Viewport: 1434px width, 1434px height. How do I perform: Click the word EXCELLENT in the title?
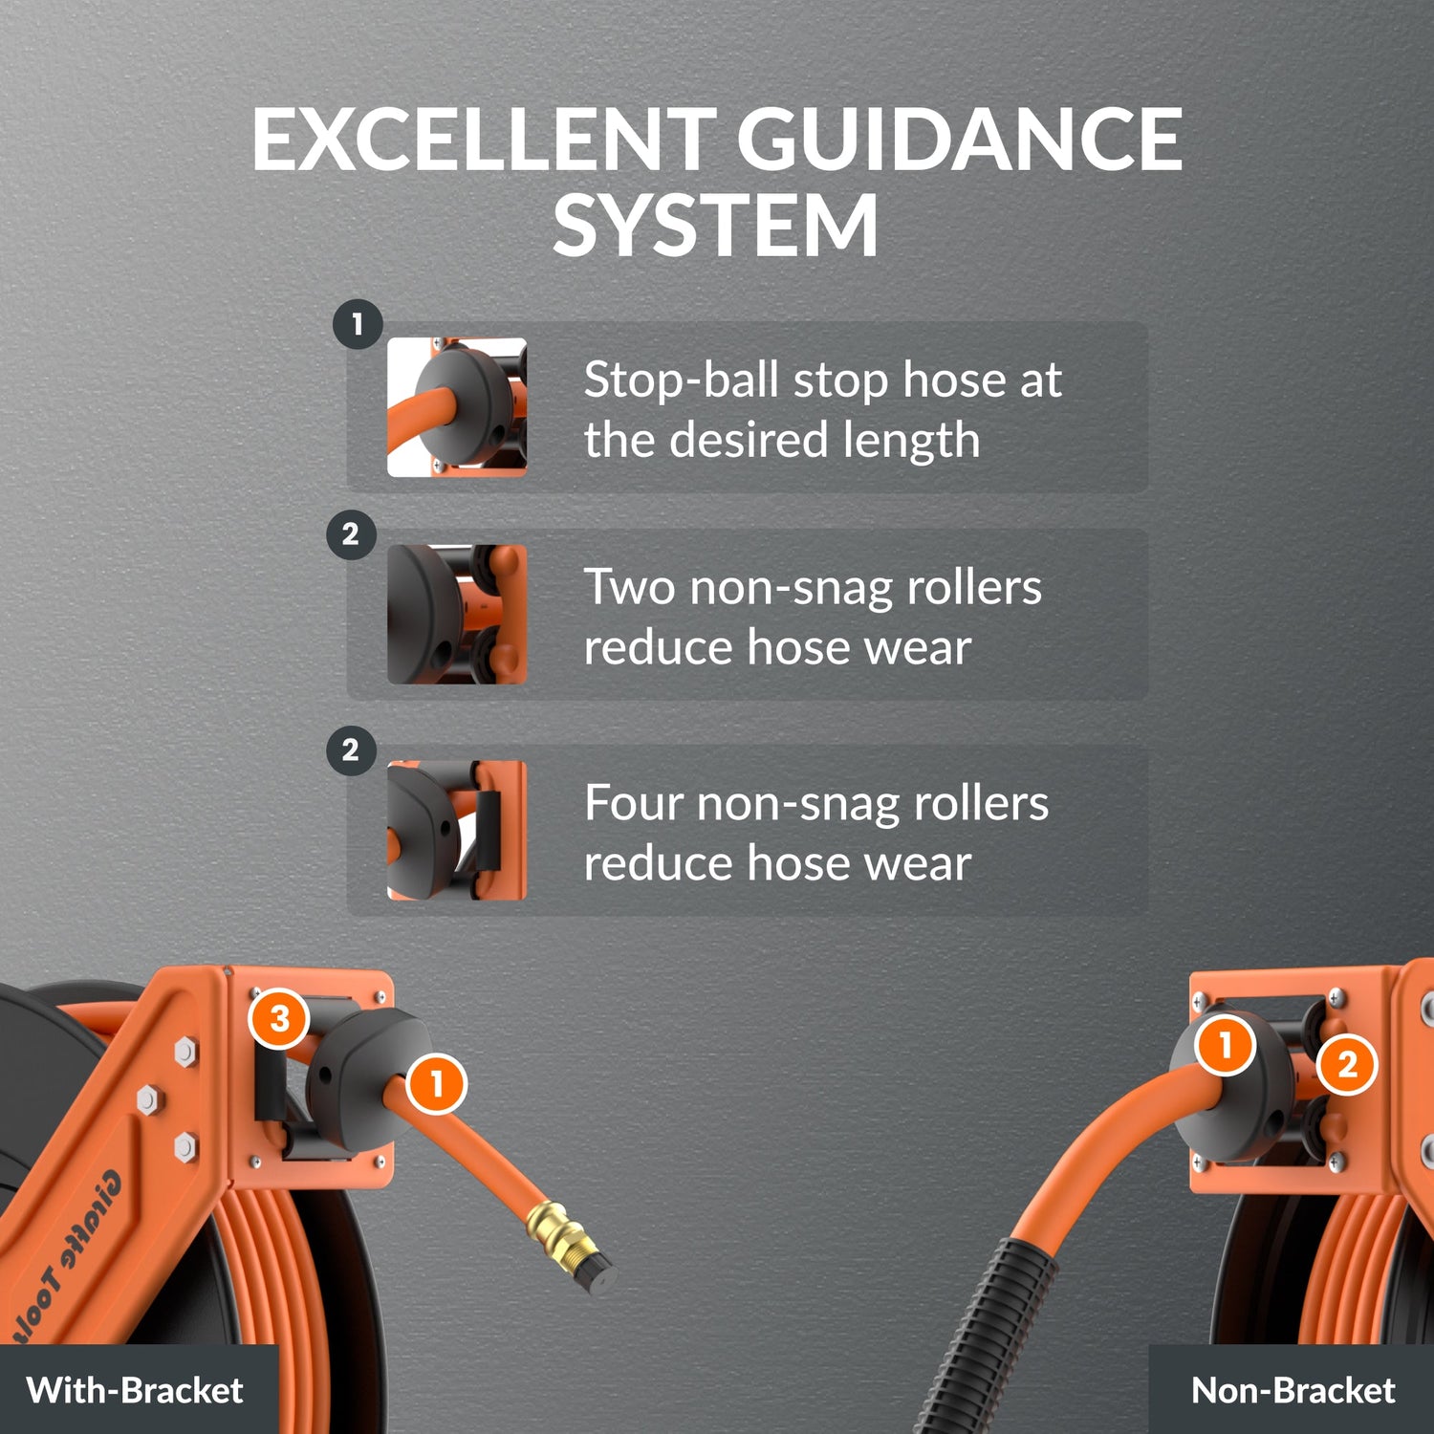click(x=483, y=140)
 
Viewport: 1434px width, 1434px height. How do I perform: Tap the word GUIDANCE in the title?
click(x=960, y=140)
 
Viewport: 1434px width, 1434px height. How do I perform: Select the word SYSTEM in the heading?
click(x=715, y=226)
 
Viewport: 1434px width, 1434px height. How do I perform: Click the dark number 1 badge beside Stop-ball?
click(x=358, y=324)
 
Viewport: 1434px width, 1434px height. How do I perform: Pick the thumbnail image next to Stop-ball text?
click(x=457, y=406)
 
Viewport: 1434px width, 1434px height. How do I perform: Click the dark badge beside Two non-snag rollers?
click(x=351, y=533)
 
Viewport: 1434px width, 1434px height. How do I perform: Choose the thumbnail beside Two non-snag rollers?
click(x=457, y=614)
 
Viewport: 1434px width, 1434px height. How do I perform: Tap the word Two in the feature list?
click(x=629, y=587)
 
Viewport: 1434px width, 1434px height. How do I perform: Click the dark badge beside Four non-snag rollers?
click(x=351, y=750)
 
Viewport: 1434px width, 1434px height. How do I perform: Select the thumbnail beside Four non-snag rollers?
click(x=457, y=830)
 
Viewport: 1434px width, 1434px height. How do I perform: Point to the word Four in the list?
click(x=633, y=803)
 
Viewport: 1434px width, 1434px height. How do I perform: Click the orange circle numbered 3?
click(x=278, y=1019)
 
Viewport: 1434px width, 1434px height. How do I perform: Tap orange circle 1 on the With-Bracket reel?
click(x=437, y=1084)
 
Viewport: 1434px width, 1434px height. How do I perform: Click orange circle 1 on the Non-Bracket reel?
click(x=1226, y=1045)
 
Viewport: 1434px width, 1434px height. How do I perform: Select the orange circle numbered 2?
click(x=1347, y=1064)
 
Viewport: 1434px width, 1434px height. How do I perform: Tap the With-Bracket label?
click(x=135, y=1390)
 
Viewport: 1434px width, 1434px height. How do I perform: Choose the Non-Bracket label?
click(x=1293, y=1390)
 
